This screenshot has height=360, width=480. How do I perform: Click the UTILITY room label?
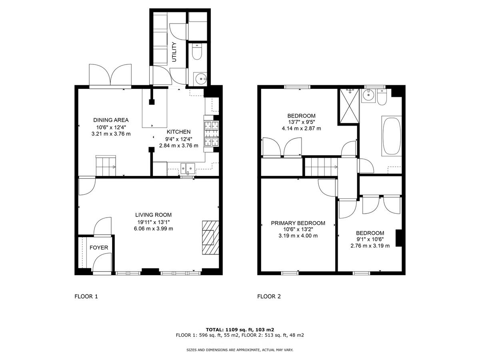(174, 52)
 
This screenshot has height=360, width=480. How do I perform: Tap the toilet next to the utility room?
(197, 53)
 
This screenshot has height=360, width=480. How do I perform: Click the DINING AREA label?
(111, 120)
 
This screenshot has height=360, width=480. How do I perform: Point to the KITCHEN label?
(178, 132)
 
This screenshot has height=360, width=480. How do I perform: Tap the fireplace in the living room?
(210, 237)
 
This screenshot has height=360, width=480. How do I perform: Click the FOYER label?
(98, 248)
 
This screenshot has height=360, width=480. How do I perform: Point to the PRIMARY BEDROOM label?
(298, 223)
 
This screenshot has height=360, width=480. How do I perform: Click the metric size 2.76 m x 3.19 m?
(370, 246)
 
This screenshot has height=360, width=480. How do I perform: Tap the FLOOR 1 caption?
(86, 296)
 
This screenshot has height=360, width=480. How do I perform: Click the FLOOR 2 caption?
(269, 296)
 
